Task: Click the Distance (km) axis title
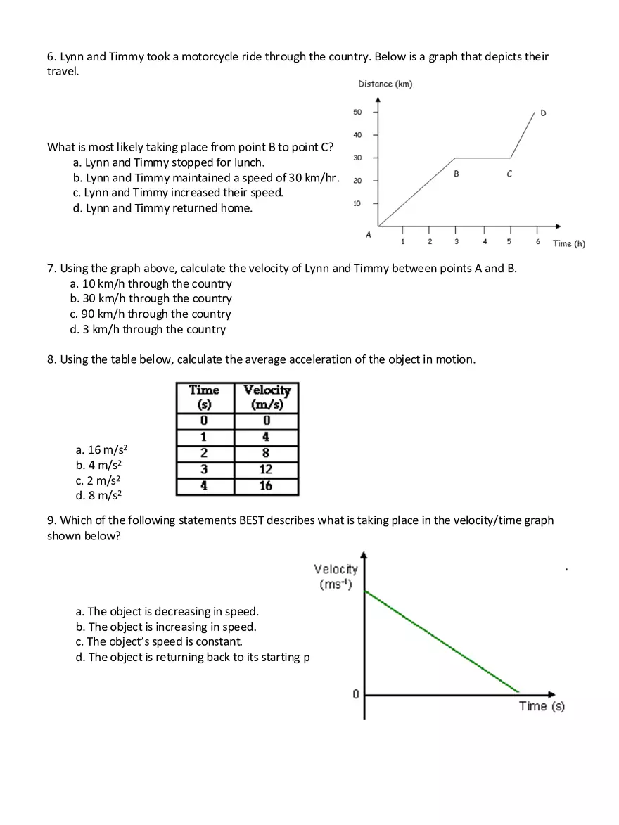[385, 84]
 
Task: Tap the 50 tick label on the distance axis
[357, 112]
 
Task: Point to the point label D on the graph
[543, 113]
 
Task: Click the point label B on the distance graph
[456, 174]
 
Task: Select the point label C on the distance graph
[509, 174]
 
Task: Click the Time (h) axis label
[568, 243]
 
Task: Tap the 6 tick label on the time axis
[537, 242]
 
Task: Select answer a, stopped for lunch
[169, 162]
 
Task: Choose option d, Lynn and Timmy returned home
[162, 208]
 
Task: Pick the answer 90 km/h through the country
[151, 314]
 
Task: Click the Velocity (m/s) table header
[266, 397]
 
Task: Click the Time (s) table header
[205, 397]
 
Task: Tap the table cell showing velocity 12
[266, 469]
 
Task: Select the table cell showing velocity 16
[266, 486]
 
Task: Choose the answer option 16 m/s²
[102, 449]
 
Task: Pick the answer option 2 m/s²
[99, 480]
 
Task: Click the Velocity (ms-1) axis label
[336, 577]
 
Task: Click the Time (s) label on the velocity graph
[542, 706]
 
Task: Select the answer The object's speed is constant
[159, 641]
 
